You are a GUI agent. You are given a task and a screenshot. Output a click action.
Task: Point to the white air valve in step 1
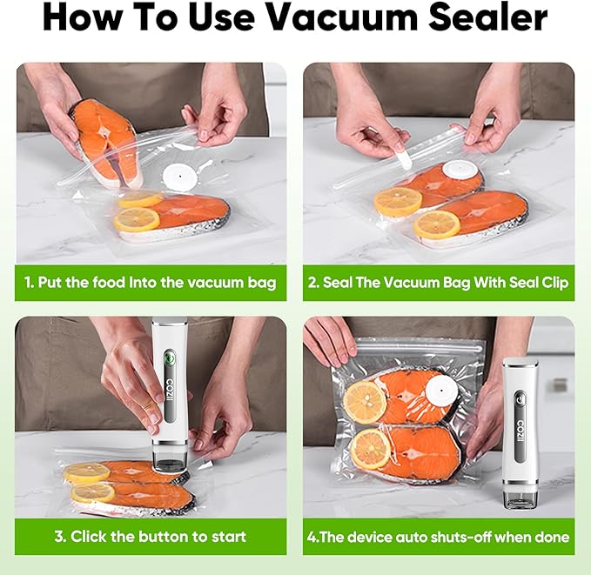click(181, 177)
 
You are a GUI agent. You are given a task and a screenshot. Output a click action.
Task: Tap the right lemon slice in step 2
click(436, 224)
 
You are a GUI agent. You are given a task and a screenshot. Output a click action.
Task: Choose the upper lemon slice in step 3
click(87, 472)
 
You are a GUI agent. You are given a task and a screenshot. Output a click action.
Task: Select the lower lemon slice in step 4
click(371, 448)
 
